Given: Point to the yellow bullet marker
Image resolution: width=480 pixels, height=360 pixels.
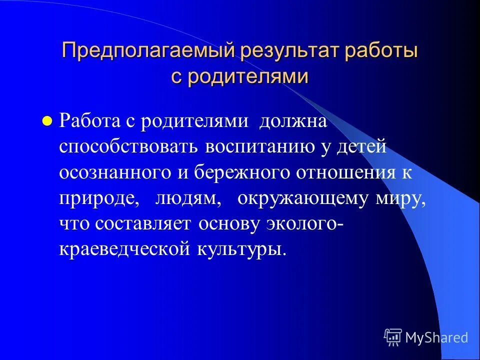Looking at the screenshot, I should [x=47, y=121].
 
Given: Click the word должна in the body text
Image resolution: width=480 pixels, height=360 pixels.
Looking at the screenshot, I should [x=292, y=121].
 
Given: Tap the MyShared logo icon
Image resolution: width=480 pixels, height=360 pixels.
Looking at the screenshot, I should [x=393, y=337].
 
